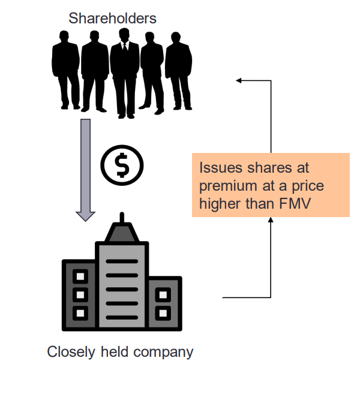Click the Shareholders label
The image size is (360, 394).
point(112,19)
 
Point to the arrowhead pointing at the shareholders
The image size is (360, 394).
point(239,80)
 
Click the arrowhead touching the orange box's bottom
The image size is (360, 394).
point(271,221)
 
